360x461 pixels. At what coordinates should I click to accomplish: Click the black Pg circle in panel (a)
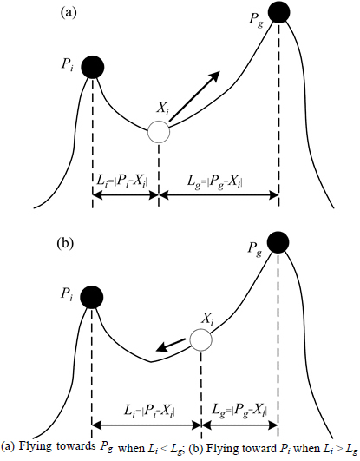click(278, 12)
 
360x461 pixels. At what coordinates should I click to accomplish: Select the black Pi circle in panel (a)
click(93, 67)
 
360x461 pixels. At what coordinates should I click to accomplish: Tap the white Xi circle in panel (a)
click(159, 132)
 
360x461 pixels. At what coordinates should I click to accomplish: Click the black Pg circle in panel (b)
click(278, 242)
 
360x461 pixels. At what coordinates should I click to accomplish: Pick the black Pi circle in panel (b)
click(92, 297)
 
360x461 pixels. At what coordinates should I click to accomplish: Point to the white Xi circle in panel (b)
click(200, 339)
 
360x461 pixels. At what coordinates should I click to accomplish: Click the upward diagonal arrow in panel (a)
click(195, 95)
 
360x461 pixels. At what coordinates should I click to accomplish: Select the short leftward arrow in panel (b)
click(171, 345)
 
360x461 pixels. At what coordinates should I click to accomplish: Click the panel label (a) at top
click(69, 13)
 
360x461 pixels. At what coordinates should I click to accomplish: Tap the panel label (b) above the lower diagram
click(65, 244)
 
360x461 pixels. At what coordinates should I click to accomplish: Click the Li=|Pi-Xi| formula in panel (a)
click(122, 181)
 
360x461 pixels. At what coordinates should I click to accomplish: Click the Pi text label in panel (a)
click(68, 64)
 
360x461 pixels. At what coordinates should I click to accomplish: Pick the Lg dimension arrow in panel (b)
click(239, 425)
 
